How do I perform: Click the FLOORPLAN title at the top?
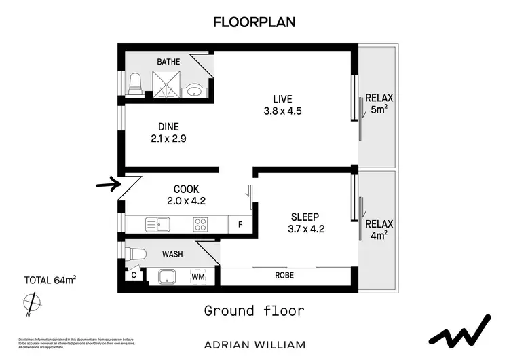click(254, 22)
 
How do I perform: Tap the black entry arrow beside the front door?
click(107, 184)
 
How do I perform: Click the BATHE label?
click(168, 62)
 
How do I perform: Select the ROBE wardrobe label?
click(284, 276)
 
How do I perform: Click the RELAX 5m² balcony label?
click(379, 103)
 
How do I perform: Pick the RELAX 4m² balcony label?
click(379, 230)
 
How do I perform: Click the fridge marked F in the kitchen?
click(239, 224)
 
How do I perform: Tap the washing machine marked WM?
click(197, 277)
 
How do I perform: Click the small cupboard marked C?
click(134, 276)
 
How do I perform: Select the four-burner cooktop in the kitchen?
click(200, 223)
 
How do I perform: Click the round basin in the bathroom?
click(195, 89)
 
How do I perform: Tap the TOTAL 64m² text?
click(50, 281)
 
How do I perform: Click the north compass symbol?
click(29, 303)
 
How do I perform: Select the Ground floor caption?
click(254, 311)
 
